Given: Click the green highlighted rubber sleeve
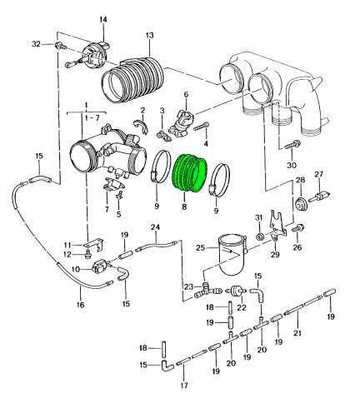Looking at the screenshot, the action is click(x=190, y=173).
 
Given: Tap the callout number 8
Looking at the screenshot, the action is click(x=184, y=206).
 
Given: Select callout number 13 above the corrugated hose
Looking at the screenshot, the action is click(x=149, y=36).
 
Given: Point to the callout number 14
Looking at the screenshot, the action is click(x=103, y=20).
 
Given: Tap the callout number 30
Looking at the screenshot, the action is click(x=292, y=166).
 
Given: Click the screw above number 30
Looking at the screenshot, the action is click(x=292, y=145).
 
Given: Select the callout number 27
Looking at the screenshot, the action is click(x=318, y=174).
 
